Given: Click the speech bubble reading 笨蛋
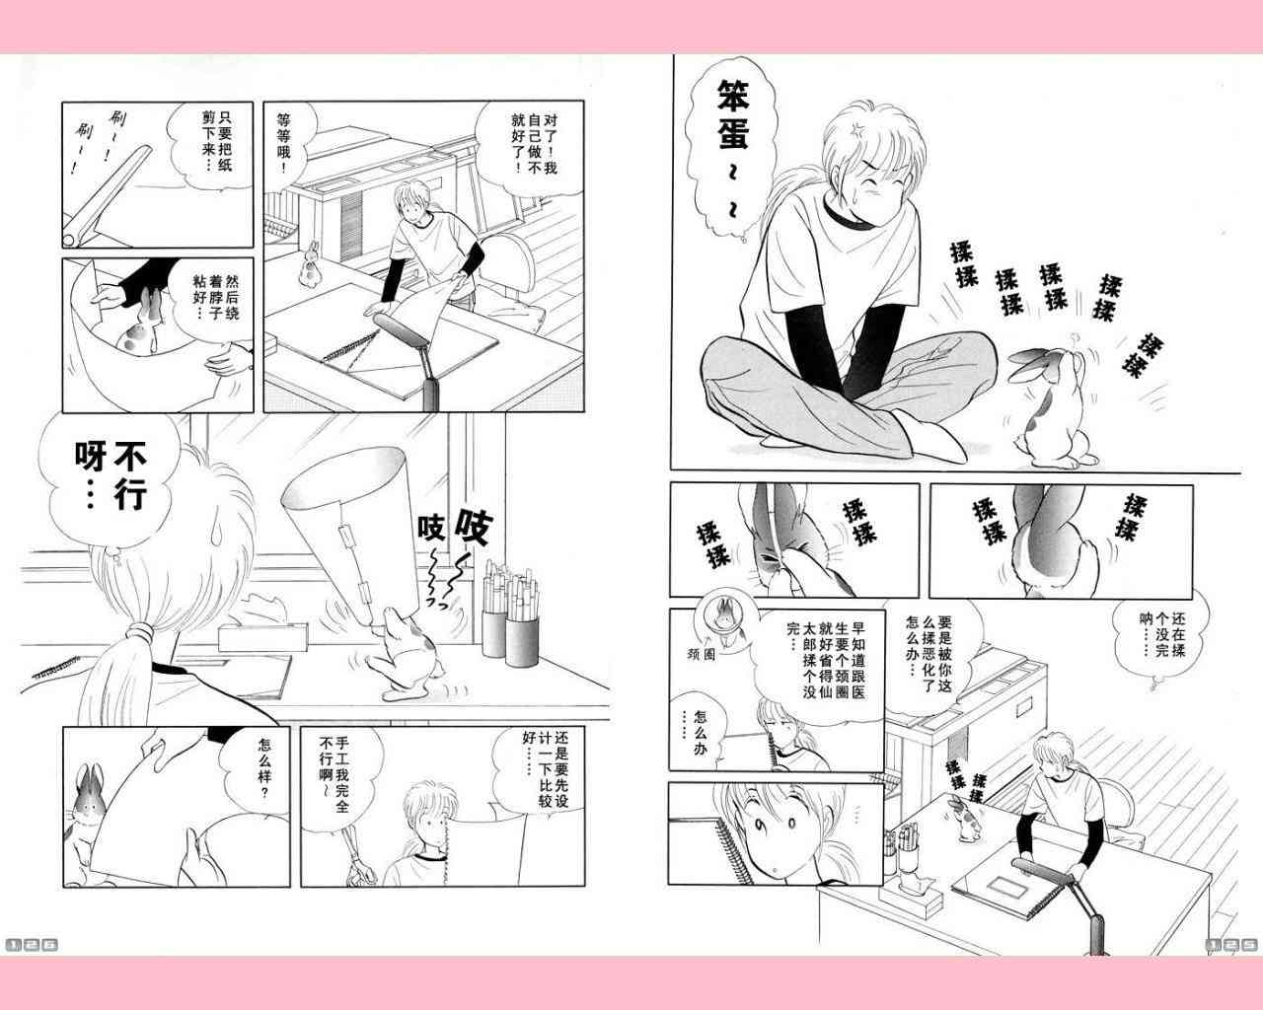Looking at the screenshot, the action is click(732, 150).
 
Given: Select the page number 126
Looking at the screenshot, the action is click(32, 945).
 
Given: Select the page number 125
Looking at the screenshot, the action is click(1230, 945).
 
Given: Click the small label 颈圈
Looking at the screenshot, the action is click(701, 654).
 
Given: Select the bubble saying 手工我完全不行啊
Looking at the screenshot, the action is click(340, 777).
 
